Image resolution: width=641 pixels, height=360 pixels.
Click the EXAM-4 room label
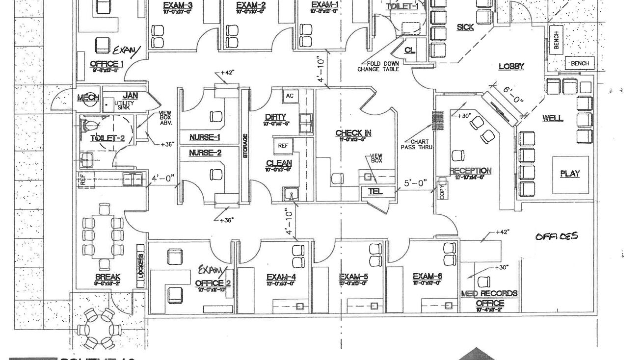[x=281, y=277]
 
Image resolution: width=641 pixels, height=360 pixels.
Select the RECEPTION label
[x=470, y=171]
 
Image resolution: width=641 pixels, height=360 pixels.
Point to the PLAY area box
[x=570, y=174]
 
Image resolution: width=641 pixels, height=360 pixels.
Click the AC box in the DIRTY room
[x=290, y=96]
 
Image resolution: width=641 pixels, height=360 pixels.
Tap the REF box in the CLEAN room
[x=283, y=146]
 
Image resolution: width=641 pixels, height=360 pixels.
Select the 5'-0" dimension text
[x=415, y=183]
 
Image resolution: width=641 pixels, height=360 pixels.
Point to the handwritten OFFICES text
[x=557, y=236]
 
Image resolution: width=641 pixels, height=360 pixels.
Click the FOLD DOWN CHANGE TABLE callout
[x=378, y=66]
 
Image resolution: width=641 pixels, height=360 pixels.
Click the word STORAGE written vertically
[x=245, y=146]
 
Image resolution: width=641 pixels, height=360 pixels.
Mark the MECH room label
[x=88, y=98]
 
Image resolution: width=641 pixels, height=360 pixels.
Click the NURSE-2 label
[x=205, y=153]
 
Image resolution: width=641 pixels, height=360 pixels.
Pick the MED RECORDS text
[x=489, y=293]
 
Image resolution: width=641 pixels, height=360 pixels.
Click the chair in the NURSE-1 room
[x=215, y=117]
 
